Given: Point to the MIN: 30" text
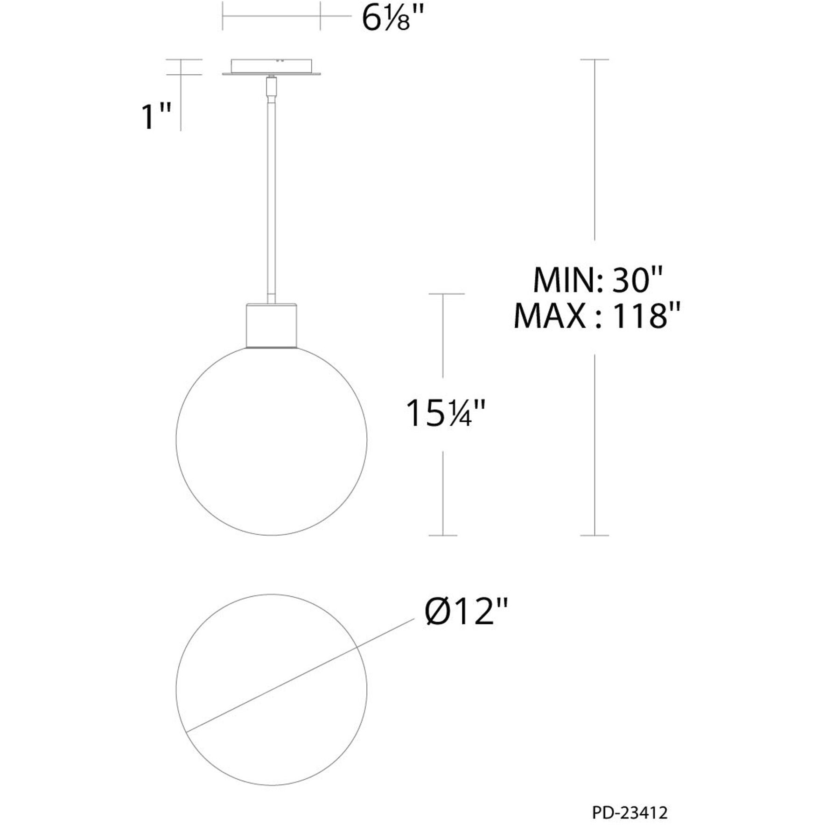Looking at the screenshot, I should (x=597, y=280).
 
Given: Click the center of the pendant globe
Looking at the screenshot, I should (x=271, y=440).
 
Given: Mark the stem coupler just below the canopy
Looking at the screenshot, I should (x=271, y=87).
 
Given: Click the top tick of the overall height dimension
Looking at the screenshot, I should (x=594, y=60).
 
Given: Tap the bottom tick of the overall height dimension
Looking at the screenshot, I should (x=594, y=535).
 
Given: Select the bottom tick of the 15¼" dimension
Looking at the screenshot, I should (x=443, y=535).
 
